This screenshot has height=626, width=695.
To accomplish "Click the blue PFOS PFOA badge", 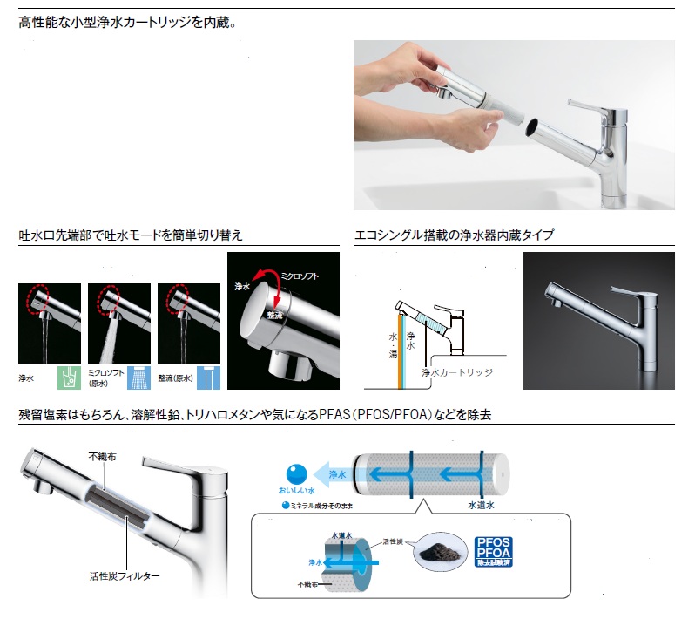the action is (x=493, y=552).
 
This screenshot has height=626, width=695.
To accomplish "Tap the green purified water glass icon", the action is (x=69, y=378).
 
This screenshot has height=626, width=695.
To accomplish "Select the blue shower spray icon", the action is (x=138, y=378).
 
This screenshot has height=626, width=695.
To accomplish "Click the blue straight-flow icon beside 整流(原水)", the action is (x=208, y=378).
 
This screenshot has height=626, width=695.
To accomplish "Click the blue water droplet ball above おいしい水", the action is (x=296, y=473).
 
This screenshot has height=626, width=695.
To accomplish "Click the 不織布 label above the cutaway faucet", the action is (x=103, y=457).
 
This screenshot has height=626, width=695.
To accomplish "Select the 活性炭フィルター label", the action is (x=125, y=575).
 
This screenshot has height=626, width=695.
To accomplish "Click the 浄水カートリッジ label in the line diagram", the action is (x=457, y=372).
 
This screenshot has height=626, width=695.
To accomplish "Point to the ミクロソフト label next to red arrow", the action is (x=300, y=276).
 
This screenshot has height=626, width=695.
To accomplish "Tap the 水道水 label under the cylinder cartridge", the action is (x=481, y=505).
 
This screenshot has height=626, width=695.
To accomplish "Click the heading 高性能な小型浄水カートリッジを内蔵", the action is (x=127, y=22).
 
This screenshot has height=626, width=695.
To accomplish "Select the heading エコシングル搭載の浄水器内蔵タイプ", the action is (x=455, y=235).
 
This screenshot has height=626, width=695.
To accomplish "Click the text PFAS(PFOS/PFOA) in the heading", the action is (x=375, y=415).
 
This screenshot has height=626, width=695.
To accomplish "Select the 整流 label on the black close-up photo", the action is (x=275, y=315).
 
